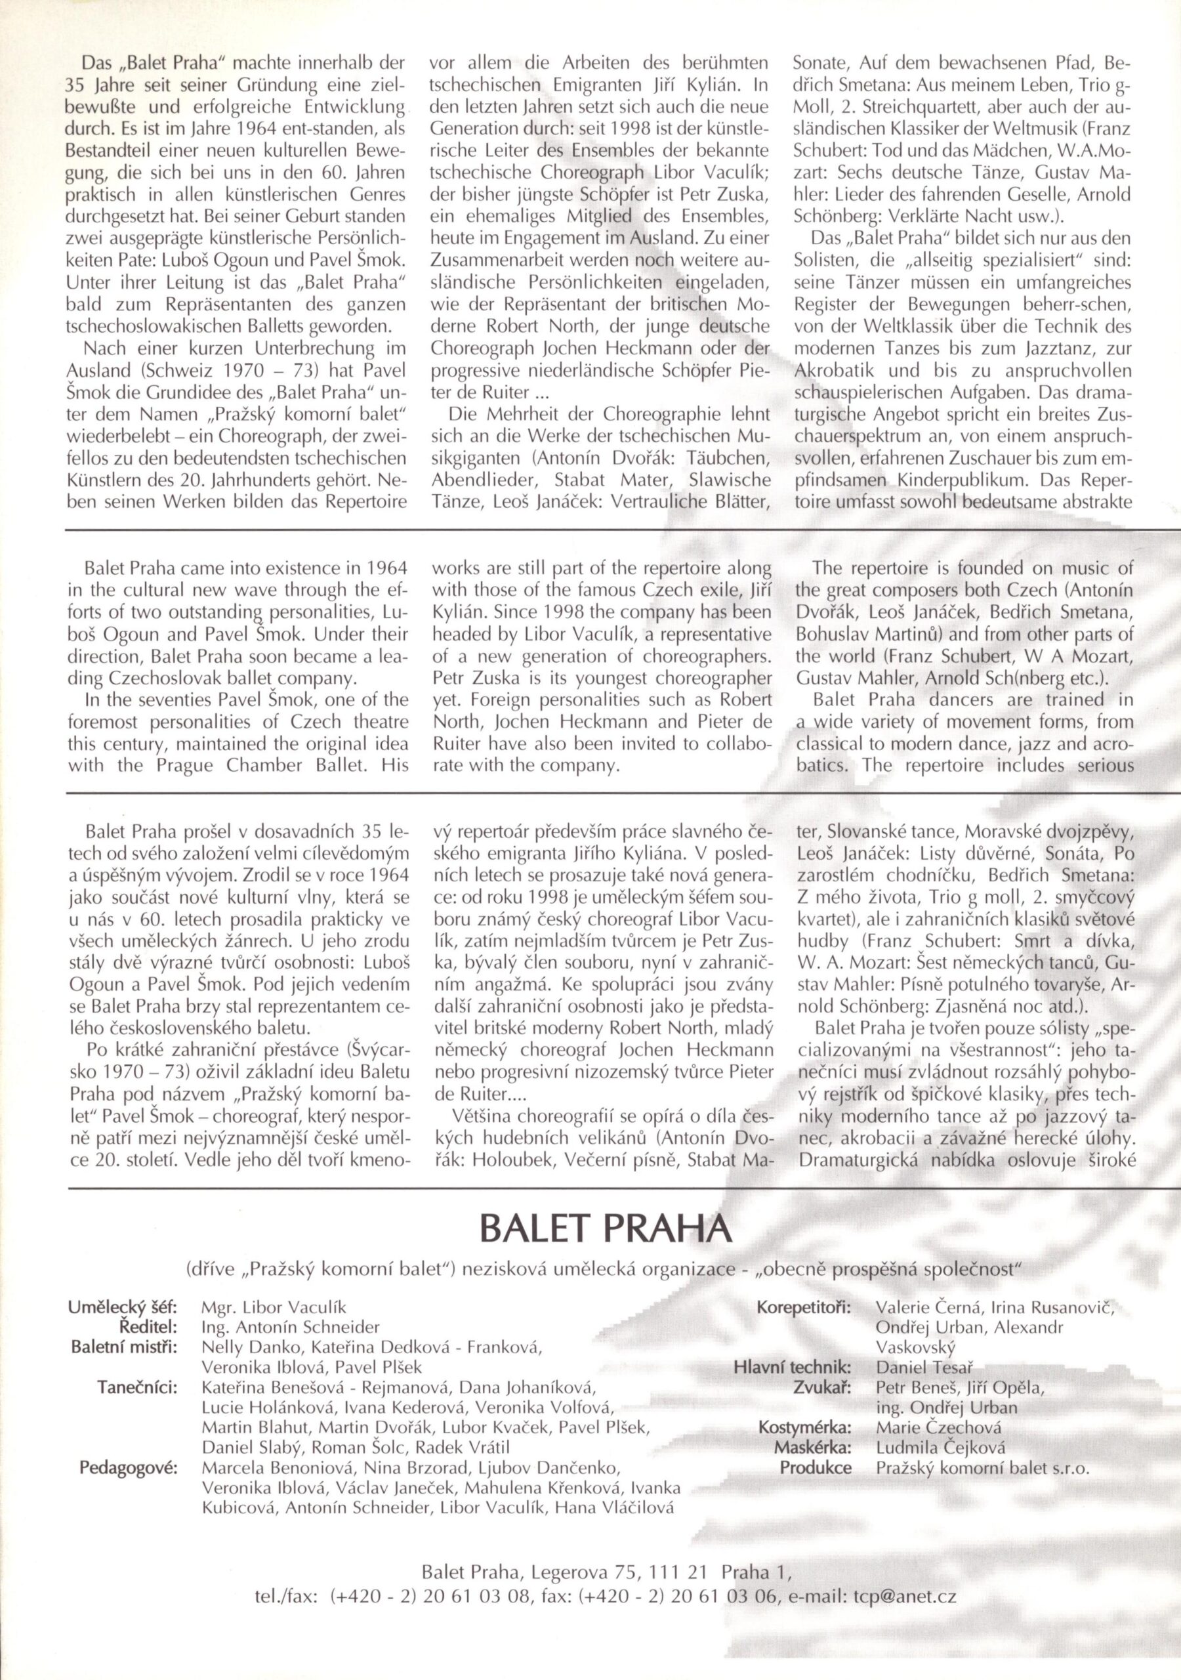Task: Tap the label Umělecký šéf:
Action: tap(122, 1307)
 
